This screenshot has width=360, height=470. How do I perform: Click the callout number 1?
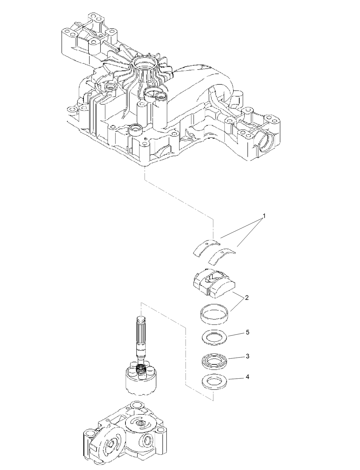pyautogui.click(x=264, y=216)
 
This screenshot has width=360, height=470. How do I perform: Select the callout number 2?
pyautogui.click(x=247, y=298)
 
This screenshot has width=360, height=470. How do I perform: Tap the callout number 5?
pyautogui.click(x=247, y=332)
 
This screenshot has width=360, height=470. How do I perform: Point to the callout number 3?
pyautogui.click(x=247, y=356)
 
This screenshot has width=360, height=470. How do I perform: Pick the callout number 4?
pyautogui.click(x=247, y=377)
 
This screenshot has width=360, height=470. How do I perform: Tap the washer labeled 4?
pyautogui.click(x=214, y=382)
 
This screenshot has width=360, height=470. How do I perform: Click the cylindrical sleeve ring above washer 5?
pyautogui.click(x=214, y=314)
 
